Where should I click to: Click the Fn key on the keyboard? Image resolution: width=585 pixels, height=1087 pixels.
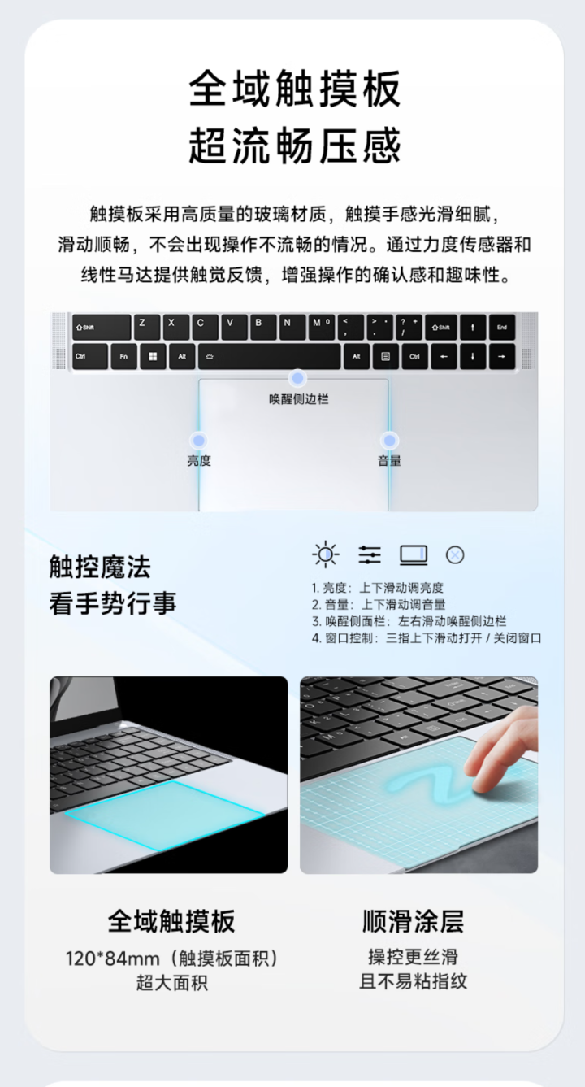pos(123,357)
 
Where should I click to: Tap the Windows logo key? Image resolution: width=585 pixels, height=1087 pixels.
pos(153,357)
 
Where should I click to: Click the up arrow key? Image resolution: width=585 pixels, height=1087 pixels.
pos(473,327)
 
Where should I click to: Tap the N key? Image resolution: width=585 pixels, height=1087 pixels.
pos(292,327)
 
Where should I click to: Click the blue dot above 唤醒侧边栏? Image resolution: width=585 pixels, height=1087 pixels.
pos(297,379)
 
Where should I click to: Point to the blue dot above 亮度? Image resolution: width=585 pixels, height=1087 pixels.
pos(198,441)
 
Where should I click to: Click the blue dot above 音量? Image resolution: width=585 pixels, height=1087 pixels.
pos(389,441)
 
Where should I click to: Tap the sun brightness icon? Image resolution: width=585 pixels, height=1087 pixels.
pos(326,554)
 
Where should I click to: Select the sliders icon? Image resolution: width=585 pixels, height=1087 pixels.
pos(370,554)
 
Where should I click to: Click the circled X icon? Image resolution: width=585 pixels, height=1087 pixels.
pos(455,555)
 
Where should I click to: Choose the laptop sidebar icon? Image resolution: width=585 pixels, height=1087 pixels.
pos(414,555)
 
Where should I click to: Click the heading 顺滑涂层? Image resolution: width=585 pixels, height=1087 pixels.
pos(414,920)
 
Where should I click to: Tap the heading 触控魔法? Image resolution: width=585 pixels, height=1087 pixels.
pos(100,567)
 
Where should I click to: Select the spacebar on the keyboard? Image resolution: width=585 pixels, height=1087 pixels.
pos(269,357)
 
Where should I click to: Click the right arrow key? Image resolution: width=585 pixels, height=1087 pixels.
pos(502,357)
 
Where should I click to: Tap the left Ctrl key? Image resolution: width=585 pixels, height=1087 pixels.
pos(89,357)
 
